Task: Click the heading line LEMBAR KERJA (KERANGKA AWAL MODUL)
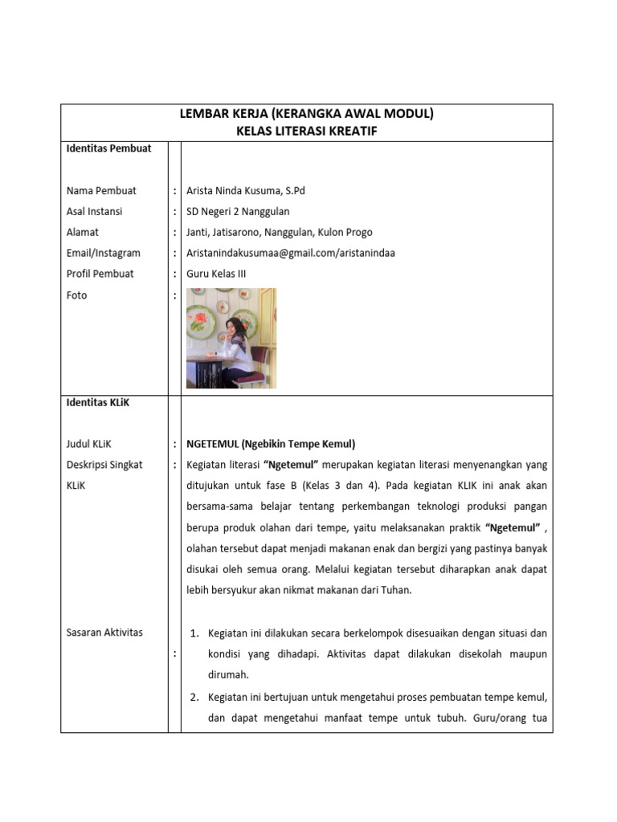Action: tap(306, 114)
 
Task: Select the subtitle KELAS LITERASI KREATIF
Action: tap(306, 132)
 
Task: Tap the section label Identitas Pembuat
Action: tap(108, 149)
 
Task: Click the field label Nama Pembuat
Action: tap(101, 191)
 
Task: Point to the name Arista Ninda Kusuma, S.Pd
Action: tap(246, 191)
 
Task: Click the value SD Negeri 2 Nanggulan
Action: tap(238, 212)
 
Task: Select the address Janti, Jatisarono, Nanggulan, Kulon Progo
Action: tap(279, 233)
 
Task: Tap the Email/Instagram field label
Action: tap(103, 253)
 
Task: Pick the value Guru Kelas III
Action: tap(216, 274)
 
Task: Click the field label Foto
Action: tap(77, 295)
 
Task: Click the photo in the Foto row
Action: tap(231, 338)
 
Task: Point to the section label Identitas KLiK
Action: tap(97, 403)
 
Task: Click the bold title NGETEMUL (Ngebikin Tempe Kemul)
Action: tap(270, 444)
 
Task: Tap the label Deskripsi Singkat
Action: tap(104, 465)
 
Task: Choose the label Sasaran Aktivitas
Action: tap(104, 633)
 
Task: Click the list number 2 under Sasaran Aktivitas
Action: tap(194, 697)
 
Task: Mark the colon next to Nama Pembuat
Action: tap(174, 191)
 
